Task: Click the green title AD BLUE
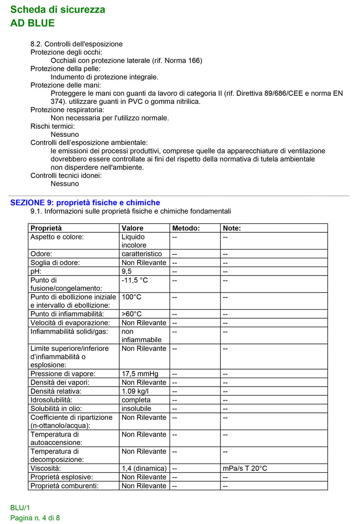(x=32, y=23)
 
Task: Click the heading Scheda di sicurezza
(x=58, y=9)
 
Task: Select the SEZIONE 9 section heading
(x=85, y=203)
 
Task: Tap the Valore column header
(x=132, y=228)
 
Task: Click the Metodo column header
(x=186, y=228)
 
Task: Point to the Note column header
(x=232, y=228)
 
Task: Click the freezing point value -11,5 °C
(x=135, y=280)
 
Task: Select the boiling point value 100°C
(x=132, y=297)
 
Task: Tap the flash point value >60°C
(x=132, y=314)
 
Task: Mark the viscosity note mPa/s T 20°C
(x=245, y=468)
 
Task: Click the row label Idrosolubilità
(x=51, y=400)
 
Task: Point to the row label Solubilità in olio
(x=57, y=408)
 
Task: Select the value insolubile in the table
(x=136, y=408)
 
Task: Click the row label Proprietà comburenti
(x=64, y=486)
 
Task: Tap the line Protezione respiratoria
(x=67, y=110)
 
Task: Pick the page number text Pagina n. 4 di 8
(x=35, y=518)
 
